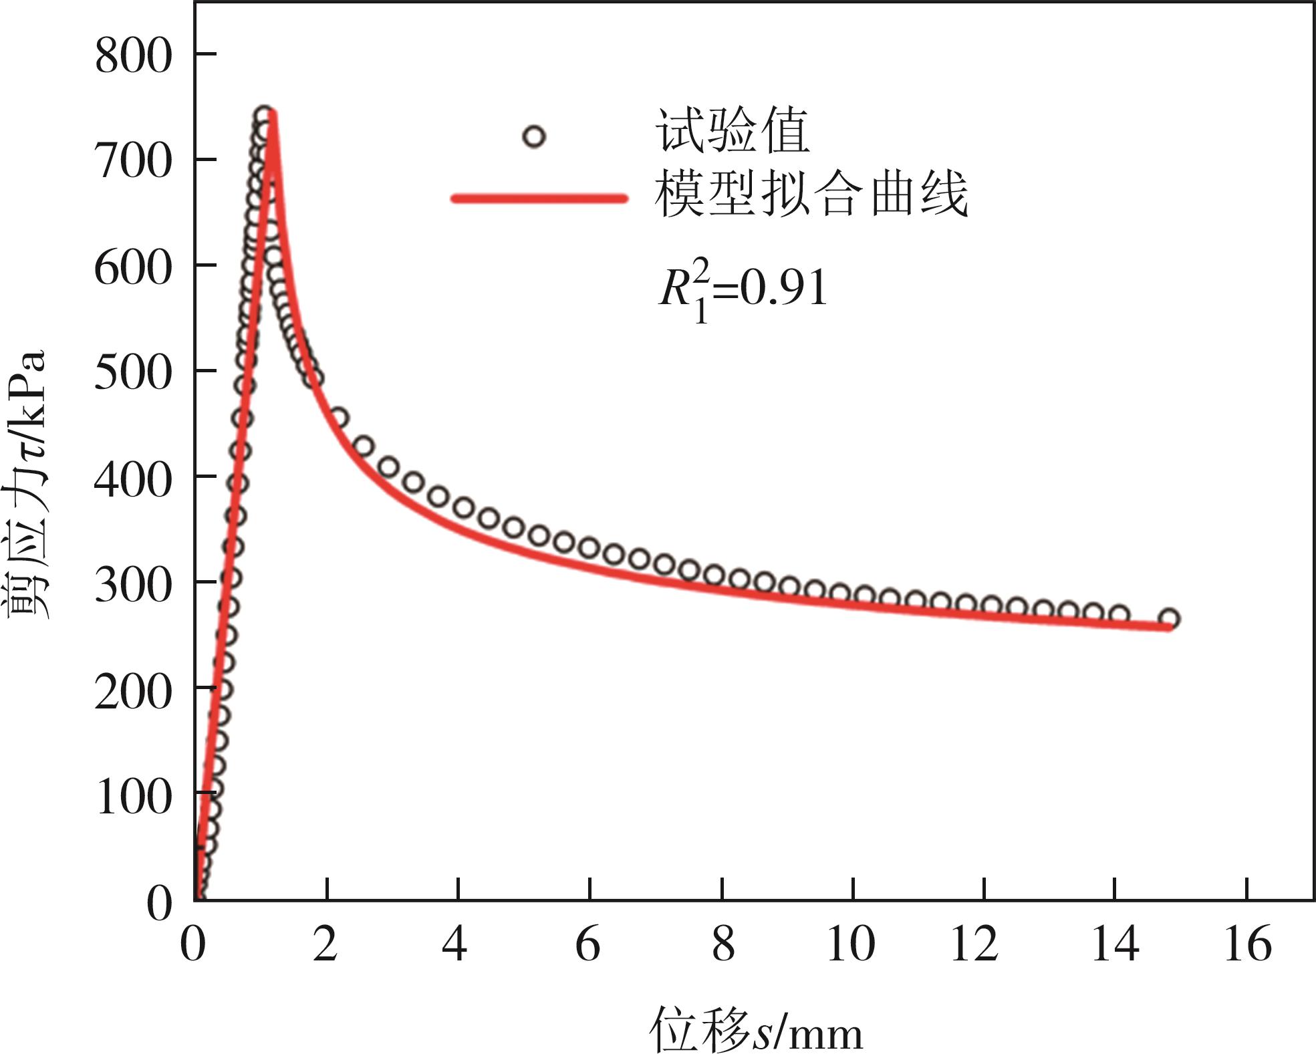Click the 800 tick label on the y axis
[134, 56]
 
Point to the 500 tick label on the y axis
[134, 372]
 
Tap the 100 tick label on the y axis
[134, 796]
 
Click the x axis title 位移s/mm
[755, 1030]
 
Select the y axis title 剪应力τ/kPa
[27, 485]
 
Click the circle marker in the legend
[533, 137]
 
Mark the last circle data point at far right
[1169, 619]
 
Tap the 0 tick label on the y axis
[159, 903]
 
